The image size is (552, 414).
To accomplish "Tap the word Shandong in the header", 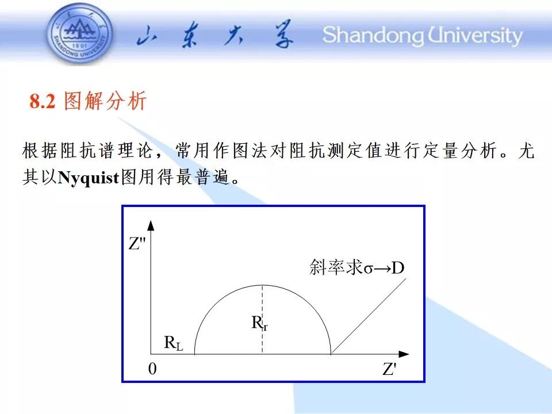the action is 373,36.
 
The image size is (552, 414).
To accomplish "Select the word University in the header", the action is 476,36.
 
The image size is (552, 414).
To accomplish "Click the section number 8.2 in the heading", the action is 42,101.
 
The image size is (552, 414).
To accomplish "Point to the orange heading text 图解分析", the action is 105,101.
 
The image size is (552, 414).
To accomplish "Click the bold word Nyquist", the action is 89,178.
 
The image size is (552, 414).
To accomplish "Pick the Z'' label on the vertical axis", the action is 137,243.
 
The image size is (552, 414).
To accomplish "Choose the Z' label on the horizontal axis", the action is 389,369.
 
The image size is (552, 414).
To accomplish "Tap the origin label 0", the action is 152,369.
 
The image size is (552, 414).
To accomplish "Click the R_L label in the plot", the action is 174,343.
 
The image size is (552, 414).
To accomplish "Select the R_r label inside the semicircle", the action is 259,323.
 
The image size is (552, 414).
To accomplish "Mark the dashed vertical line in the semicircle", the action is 262,319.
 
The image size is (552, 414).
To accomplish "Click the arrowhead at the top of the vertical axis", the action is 151,225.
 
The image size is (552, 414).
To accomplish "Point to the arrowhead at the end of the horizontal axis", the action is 404,354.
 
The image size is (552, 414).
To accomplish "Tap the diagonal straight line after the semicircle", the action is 369,316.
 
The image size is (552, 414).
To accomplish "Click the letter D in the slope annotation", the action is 398,268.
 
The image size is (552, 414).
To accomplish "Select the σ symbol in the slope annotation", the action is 368,269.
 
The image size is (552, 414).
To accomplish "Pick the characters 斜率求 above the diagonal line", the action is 336,267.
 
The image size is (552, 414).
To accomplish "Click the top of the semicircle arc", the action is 263,285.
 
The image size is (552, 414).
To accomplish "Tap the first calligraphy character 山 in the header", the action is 147,35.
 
